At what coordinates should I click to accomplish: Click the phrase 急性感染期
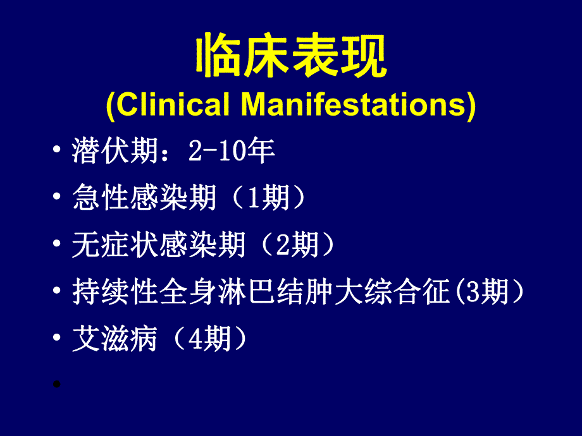click(145, 198)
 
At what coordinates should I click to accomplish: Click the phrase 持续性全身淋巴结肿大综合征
click(260, 293)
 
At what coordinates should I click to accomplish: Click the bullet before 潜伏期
click(58, 152)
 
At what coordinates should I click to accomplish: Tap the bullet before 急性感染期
click(58, 198)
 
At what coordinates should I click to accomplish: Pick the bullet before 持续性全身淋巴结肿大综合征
click(58, 293)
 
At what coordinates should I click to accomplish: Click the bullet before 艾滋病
click(58, 341)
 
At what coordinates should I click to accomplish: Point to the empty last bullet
click(58, 384)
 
